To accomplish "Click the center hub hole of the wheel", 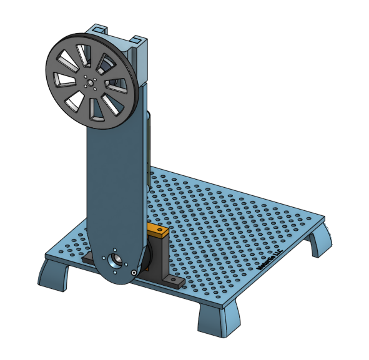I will pos(91,81).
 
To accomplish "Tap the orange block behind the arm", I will pos(157,232).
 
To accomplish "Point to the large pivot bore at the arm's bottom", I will pos(116,259).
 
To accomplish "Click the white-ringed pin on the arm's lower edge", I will pos(134,273).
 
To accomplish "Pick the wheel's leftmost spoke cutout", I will pos(61,79).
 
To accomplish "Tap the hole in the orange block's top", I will pos(160,230).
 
